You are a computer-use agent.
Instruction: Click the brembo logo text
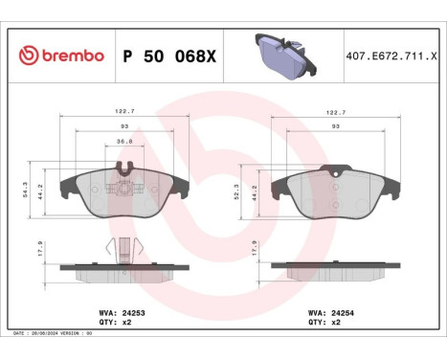(x=59, y=56)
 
